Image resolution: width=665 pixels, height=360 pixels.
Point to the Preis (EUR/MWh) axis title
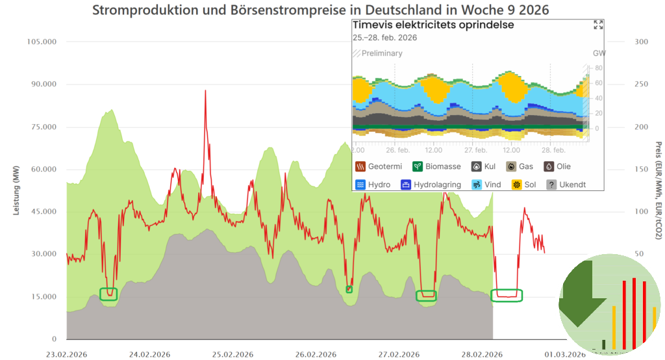pyautogui.click(x=657, y=190)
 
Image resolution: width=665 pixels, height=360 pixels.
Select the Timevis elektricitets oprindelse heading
pyautogui.click(x=433, y=25)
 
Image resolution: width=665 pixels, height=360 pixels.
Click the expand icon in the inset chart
pyautogui.click(x=598, y=25)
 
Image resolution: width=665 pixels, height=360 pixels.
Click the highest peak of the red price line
pyautogui.click(x=205, y=91)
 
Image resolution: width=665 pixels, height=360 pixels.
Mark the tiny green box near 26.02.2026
pyautogui.click(x=349, y=289)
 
